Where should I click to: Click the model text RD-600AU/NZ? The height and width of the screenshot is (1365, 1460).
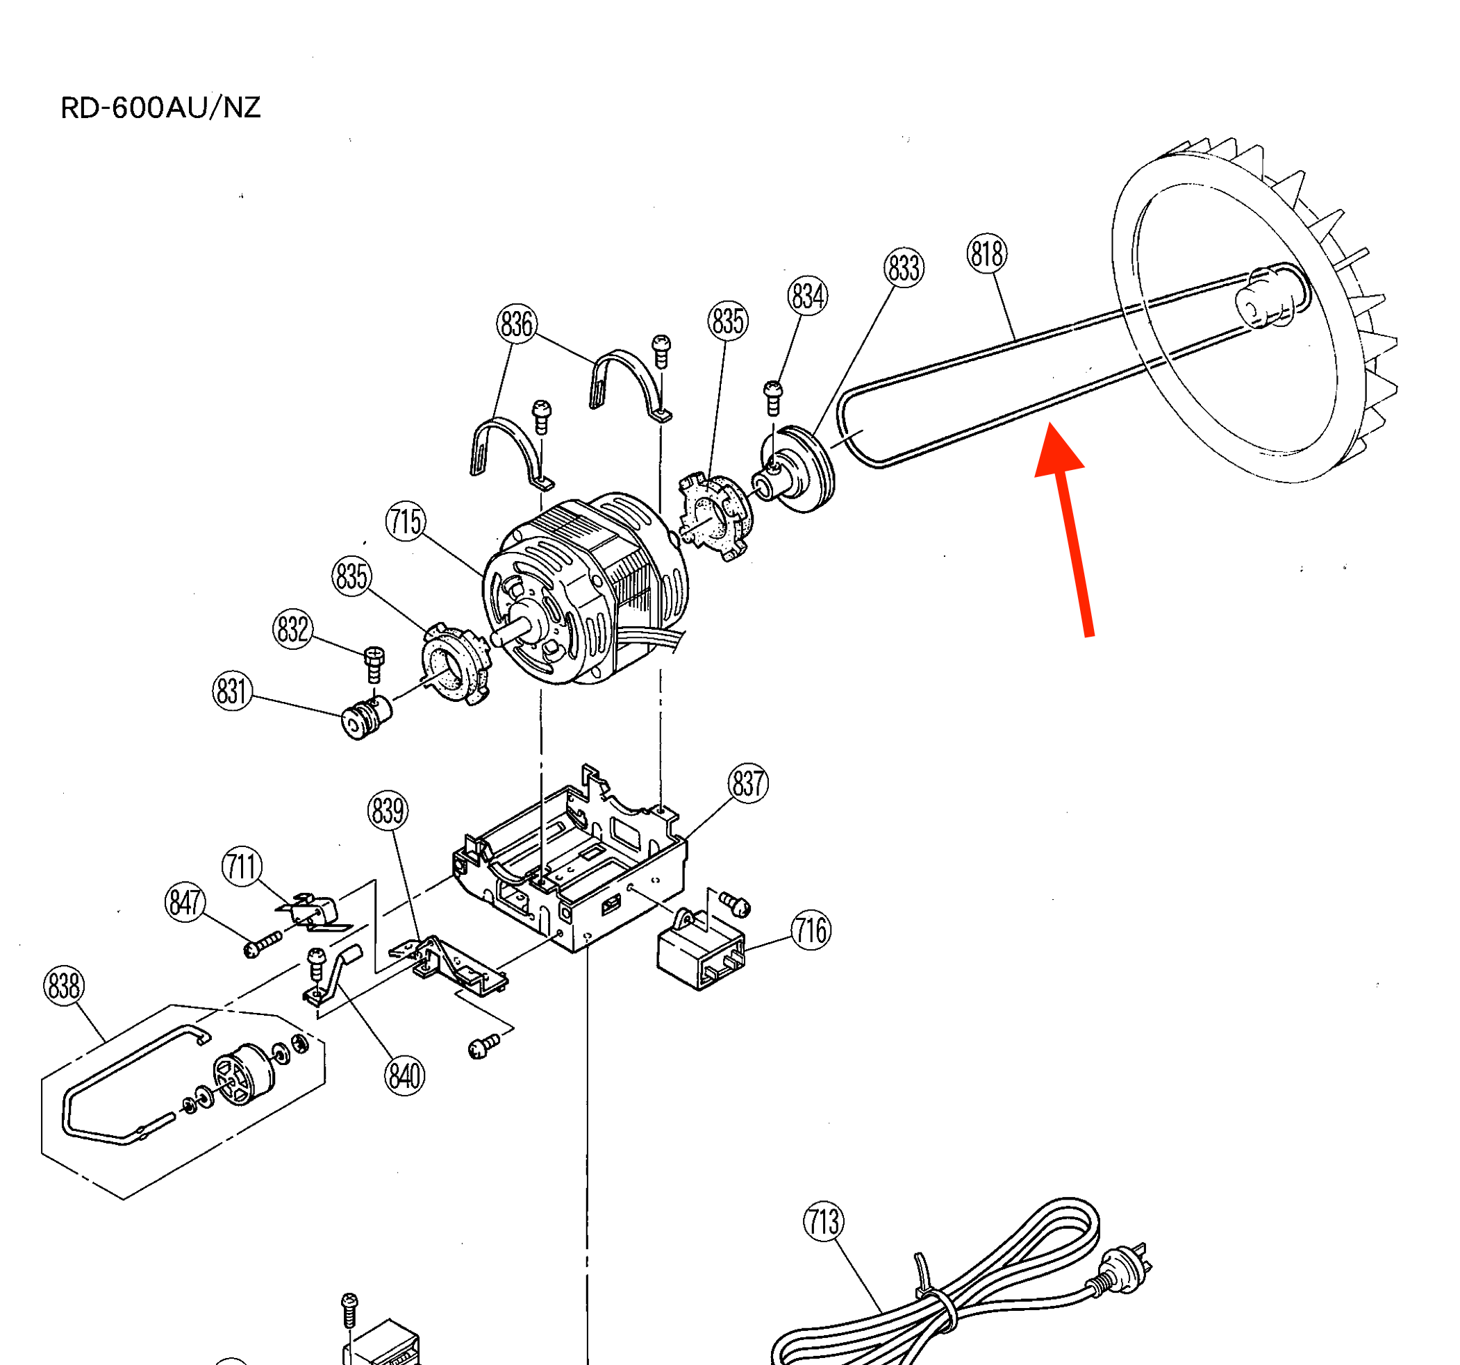[160, 108]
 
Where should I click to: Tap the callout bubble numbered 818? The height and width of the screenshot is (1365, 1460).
[986, 254]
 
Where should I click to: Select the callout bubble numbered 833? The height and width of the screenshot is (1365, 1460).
[904, 268]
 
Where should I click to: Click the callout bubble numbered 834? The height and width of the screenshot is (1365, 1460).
[808, 296]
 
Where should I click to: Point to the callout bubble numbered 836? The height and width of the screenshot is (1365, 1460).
[516, 324]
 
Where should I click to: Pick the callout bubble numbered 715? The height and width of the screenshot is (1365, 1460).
[406, 522]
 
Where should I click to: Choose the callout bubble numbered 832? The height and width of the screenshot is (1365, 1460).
[292, 629]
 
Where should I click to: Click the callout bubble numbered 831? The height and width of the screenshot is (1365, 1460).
[232, 692]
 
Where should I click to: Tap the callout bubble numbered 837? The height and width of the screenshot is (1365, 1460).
[748, 783]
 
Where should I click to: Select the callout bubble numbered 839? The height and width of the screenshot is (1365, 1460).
[388, 812]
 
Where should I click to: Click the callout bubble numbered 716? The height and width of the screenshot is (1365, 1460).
[811, 932]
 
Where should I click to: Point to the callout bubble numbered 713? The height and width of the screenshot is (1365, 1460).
[823, 1223]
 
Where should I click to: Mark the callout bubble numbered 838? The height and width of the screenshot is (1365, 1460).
[64, 986]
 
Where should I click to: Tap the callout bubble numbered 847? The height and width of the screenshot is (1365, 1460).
[184, 903]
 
